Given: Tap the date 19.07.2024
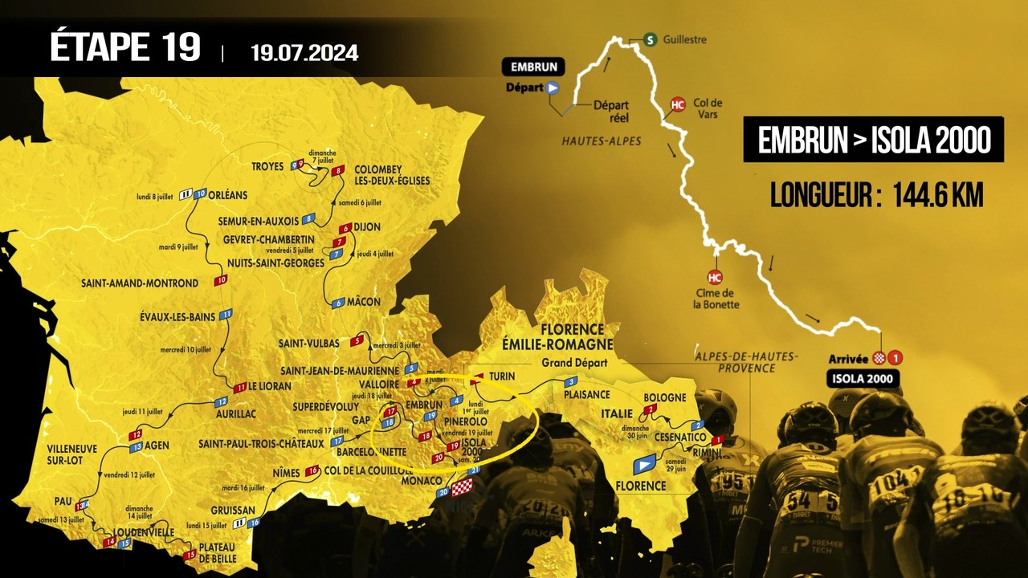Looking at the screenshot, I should pyautogui.click(x=304, y=54).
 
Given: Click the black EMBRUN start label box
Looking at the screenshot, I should pyautogui.click(x=533, y=67).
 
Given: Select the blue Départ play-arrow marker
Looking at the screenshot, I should pyautogui.click(x=553, y=88).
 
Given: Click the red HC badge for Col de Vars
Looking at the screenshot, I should pyautogui.click(x=678, y=104).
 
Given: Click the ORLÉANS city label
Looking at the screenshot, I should pyautogui.click(x=230, y=194).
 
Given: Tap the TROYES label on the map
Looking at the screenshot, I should pyautogui.click(x=267, y=167).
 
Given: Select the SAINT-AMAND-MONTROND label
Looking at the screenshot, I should pyautogui.click(x=139, y=283).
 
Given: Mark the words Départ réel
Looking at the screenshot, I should pyautogui.click(x=610, y=111).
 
